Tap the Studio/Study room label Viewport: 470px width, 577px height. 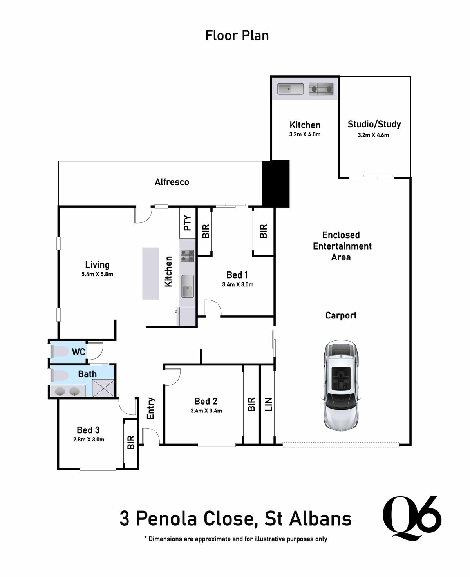click(374, 124)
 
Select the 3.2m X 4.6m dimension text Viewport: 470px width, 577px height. click(373, 135)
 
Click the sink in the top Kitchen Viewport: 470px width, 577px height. click(290, 89)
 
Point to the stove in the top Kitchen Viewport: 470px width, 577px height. click(321, 89)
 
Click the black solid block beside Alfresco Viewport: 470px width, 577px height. click(275, 183)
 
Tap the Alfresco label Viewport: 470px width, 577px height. click(172, 182)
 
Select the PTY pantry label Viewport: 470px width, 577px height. click(188, 223)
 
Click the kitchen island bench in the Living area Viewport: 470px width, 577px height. click(150, 273)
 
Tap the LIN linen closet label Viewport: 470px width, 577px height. click(269, 404)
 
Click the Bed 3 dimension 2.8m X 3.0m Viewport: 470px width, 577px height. click(89, 439)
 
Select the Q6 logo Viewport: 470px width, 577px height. click(411, 516)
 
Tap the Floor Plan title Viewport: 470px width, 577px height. click(237, 36)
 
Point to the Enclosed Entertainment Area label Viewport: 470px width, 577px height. click(341, 246)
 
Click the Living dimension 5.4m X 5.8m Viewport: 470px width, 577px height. click(97, 274)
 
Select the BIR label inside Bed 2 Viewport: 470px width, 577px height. click(251, 404)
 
